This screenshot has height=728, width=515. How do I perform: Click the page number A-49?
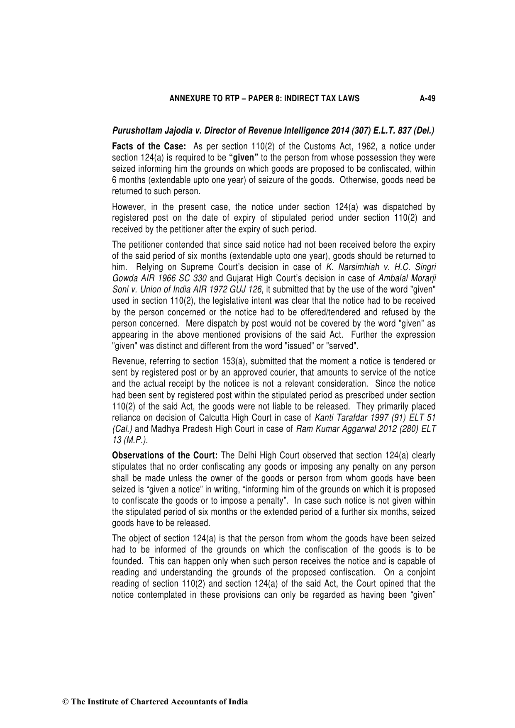pos(427,99)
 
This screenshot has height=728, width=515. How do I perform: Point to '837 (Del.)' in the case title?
pos(416,131)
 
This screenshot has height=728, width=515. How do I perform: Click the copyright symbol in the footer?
pos(65,702)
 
